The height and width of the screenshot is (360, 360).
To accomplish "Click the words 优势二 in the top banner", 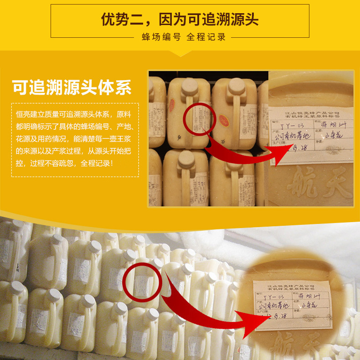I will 120,20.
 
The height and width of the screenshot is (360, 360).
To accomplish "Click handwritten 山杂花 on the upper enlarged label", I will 334,135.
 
